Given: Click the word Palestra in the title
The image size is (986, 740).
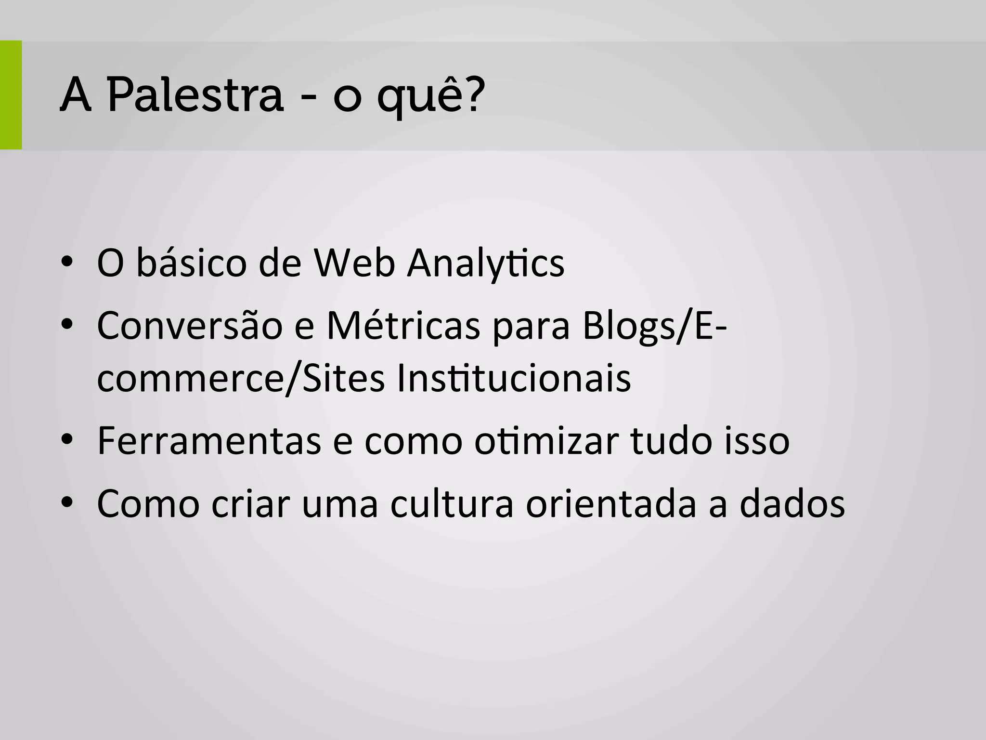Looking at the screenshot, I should pyautogui.click(x=195, y=95).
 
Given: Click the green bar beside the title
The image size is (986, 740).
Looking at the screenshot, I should pyautogui.click(x=11, y=95).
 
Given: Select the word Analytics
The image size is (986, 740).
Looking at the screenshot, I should pyautogui.click(x=485, y=264).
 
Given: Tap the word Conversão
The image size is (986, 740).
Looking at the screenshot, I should pyautogui.click(x=190, y=326).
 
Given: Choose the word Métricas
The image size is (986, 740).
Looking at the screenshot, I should pyautogui.click(x=403, y=326).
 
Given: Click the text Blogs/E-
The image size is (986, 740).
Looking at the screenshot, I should pyautogui.click(x=654, y=327).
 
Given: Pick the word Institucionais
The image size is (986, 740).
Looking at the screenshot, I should pyautogui.click(x=514, y=379).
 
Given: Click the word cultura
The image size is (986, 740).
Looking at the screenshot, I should pyautogui.click(x=452, y=504).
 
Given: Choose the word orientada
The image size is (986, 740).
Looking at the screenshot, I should pyautogui.click(x=611, y=504).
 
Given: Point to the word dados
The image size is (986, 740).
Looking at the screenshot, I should pyautogui.click(x=792, y=504).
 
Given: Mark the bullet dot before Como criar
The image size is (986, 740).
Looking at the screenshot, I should pyautogui.click(x=67, y=503).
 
